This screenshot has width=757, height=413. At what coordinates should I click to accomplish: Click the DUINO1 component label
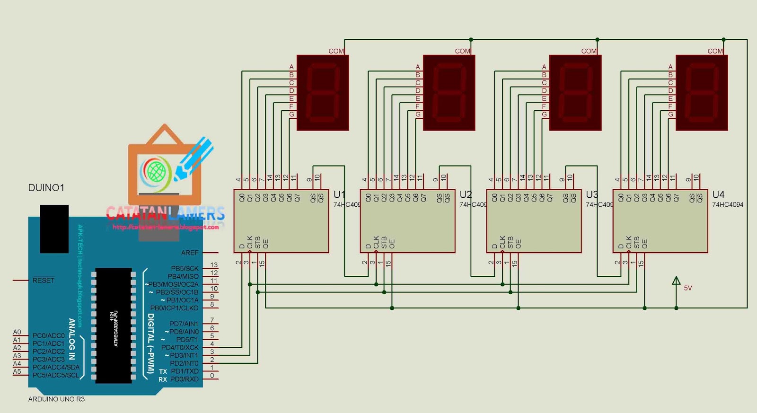click(x=46, y=188)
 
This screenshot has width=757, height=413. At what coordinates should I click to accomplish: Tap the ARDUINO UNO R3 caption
click(x=56, y=399)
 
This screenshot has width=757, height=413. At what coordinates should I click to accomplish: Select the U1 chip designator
click(x=339, y=194)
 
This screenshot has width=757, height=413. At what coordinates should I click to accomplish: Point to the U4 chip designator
click(x=718, y=194)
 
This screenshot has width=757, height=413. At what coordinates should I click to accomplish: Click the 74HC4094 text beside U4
click(x=728, y=205)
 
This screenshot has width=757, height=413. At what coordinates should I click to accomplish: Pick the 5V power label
click(x=688, y=288)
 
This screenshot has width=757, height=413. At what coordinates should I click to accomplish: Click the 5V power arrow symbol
click(x=676, y=281)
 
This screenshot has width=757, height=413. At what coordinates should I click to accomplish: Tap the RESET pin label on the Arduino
click(x=44, y=281)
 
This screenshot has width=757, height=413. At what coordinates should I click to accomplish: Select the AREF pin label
click(x=190, y=253)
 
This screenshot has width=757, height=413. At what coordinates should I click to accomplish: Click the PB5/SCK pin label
click(x=185, y=268)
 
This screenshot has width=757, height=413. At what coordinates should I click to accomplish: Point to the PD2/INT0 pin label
click(x=184, y=363)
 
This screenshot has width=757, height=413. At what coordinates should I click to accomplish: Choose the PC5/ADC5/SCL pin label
click(x=55, y=375)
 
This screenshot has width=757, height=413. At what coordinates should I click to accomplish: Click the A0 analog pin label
click(x=17, y=332)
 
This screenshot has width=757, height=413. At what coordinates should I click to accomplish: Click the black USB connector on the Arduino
click(x=54, y=228)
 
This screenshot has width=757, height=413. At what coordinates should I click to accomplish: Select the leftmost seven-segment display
click(x=323, y=93)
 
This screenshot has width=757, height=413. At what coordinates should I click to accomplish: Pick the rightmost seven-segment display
click(x=702, y=93)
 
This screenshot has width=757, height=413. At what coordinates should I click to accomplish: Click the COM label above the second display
click(x=462, y=51)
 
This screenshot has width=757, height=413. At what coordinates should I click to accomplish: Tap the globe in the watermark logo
click(x=156, y=170)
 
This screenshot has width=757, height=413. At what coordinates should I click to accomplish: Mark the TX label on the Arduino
click(x=163, y=371)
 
